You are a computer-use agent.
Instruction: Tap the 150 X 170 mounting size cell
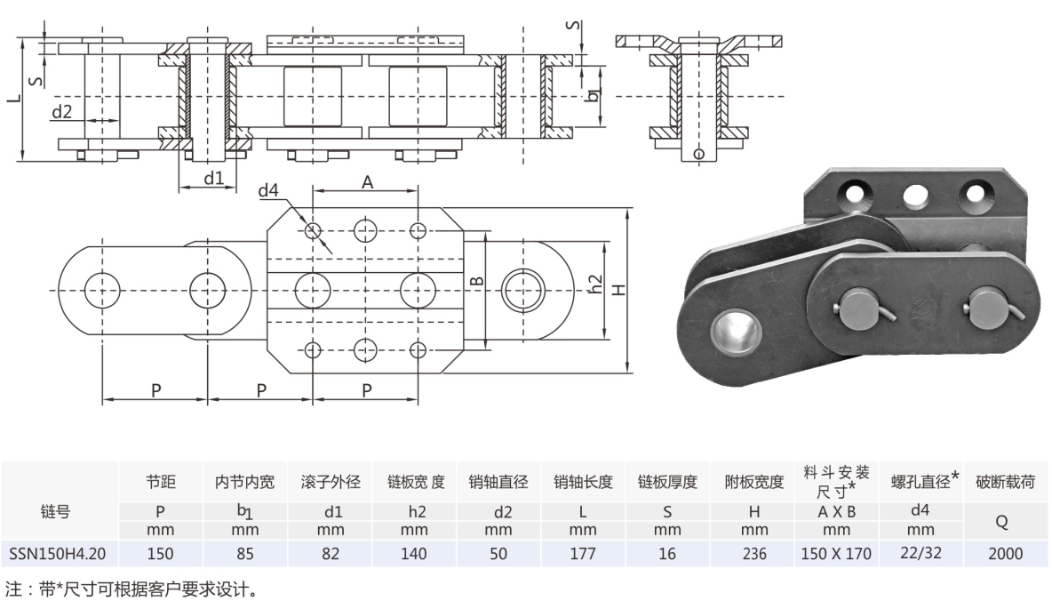point(835,554)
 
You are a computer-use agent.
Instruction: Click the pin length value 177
point(582,554)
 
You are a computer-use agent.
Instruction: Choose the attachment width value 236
point(753,554)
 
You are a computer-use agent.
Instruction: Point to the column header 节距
point(161,483)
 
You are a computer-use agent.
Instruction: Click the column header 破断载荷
point(1005,483)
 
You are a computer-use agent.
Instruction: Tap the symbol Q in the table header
point(1005,521)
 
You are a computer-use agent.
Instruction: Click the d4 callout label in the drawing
point(268,191)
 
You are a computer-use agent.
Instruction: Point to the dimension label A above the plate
point(366,181)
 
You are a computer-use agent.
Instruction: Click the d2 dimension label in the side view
point(61,112)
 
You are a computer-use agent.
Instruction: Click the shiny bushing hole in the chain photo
point(736,330)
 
